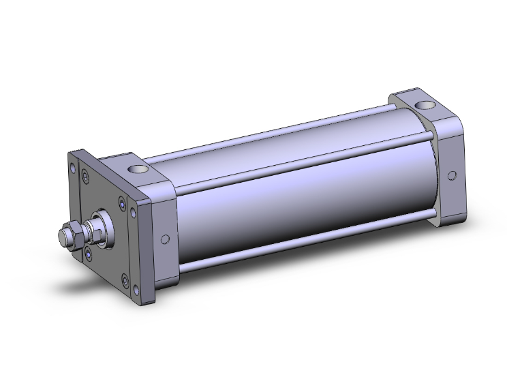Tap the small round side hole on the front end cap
(x=164, y=239)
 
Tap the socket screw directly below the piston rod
(x=91, y=254)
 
